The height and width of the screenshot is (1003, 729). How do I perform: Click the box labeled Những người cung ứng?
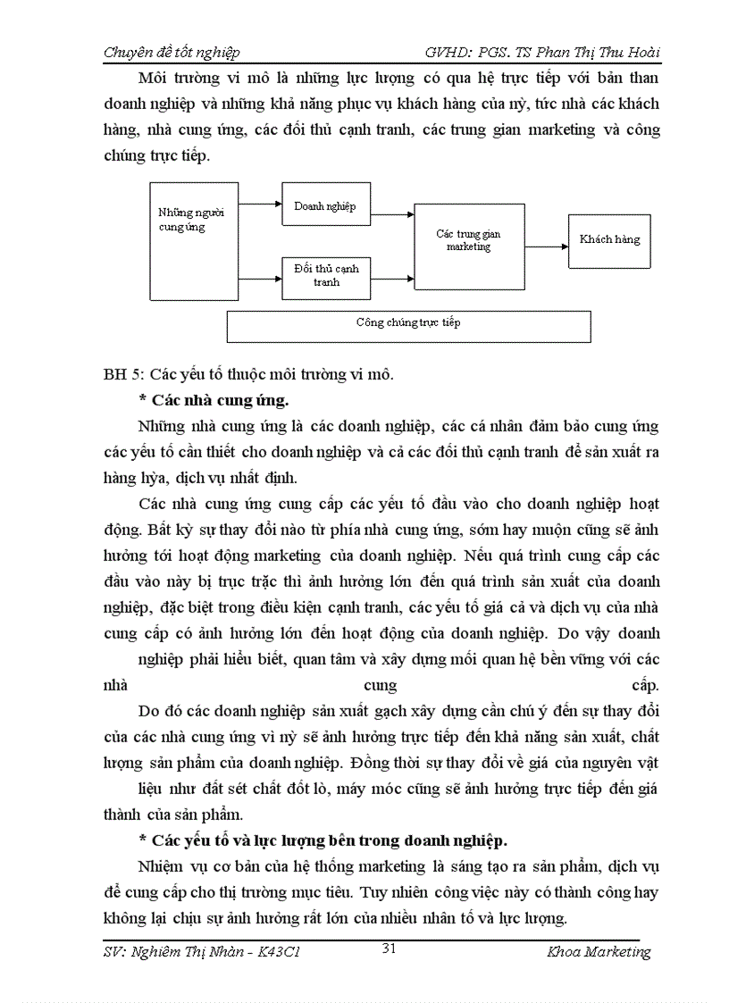pyautogui.click(x=190, y=235)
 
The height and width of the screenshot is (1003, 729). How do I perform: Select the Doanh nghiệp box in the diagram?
pyautogui.click(x=324, y=206)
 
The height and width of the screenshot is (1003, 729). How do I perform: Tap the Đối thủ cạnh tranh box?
pyautogui.click(x=326, y=275)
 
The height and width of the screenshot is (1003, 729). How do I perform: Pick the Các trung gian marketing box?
pyautogui.click(x=468, y=241)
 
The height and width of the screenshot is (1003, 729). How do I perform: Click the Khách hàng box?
pyautogui.click(x=608, y=239)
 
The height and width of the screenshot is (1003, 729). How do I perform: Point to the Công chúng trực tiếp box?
pyautogui.click(x=408, y=325)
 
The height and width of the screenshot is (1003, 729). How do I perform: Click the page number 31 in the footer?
pyautogui.click(x=389, y=949)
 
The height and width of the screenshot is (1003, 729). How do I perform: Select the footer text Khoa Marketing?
pyautogui.click(x=599, y=952)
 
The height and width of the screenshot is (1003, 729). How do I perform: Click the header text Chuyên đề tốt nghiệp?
pyautogui.click(x=172, y=53)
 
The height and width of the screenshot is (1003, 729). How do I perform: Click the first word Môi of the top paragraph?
pyautogui.click(x=156, y=78)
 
